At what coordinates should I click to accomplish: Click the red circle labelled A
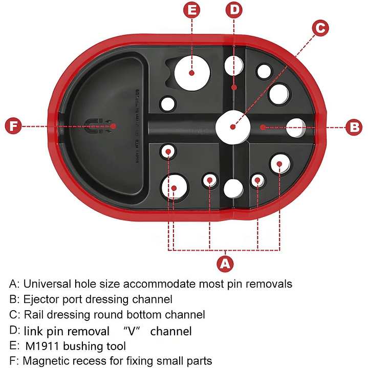(x=225, y=264)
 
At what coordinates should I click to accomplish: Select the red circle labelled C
(x=319, y=29)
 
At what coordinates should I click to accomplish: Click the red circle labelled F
(x=14, y=126)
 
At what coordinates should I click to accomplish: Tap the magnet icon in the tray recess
(x=96, y=126)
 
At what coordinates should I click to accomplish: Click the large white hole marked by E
(x=192, y=73)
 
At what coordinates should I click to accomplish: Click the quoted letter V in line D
(x=131, y=331)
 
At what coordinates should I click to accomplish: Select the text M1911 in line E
(x=42, y=346)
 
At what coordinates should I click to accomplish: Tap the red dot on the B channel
(x=262, y=126)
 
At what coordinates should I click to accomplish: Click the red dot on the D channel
(x=234, y=88)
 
